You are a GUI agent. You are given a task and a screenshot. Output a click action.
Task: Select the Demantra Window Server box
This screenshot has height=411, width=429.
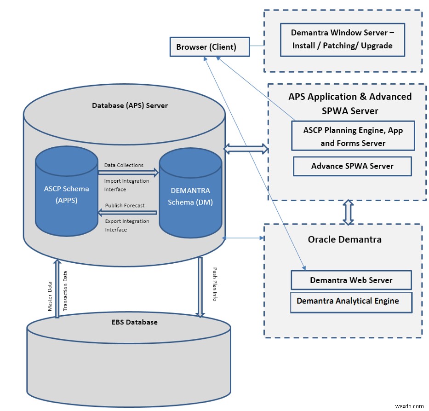(343, 39)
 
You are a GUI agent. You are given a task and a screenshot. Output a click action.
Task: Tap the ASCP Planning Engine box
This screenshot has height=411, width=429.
(353, 136)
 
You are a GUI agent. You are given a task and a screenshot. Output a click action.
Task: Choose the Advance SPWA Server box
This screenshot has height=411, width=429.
(352, 166)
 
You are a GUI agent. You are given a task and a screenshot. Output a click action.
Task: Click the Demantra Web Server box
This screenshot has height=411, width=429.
(351, 280)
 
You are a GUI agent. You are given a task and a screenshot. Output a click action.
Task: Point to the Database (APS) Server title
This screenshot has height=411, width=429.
(130, 105)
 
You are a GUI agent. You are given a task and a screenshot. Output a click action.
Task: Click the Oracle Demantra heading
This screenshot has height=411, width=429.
(344, 240)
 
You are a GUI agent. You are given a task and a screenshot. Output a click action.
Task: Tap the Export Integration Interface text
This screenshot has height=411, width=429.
(126, 226)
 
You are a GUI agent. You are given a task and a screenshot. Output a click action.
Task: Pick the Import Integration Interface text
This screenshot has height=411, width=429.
(126, 185)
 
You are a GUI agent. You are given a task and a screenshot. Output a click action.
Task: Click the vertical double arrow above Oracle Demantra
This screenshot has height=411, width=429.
(349, 212)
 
